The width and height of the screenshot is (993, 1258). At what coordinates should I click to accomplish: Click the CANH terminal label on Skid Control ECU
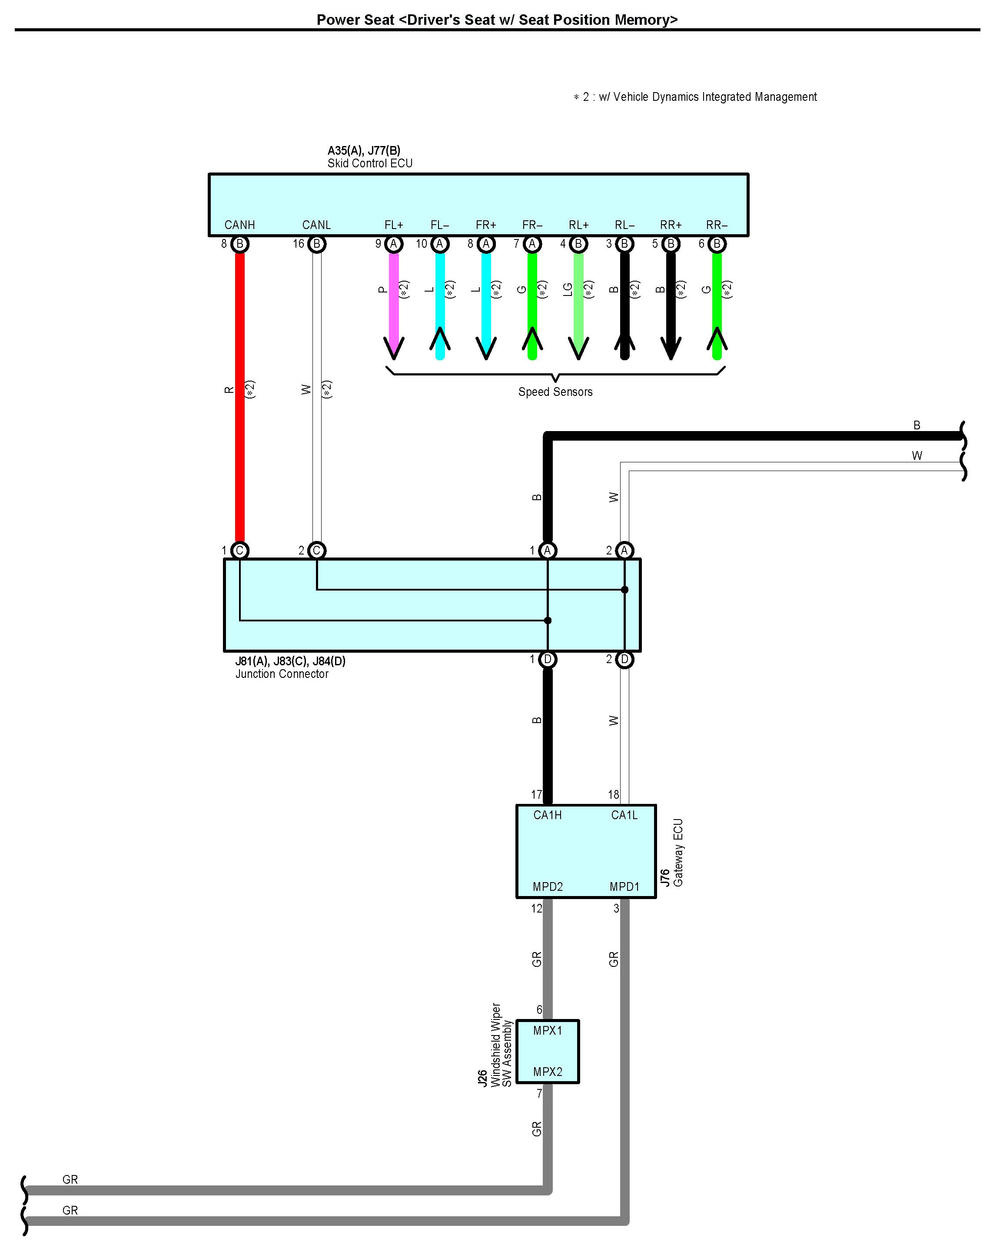[x=239, y=225]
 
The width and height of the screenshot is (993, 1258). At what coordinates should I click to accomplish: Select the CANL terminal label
[x=316, y=225]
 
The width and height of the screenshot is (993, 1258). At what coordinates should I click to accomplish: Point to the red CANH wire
[x=239, y=397]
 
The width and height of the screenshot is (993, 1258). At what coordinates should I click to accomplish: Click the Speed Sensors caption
[x=555, y=392]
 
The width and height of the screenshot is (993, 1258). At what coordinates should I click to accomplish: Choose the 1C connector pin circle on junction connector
[x=239, y=550]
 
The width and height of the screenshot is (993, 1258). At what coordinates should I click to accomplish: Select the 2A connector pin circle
[x=624, y=550]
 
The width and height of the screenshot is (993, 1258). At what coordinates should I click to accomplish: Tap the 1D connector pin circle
[x=548, y=659]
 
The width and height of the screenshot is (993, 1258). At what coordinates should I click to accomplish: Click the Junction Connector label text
[x=282, y=674]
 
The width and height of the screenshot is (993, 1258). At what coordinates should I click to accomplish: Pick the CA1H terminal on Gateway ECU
[x=548, y=815]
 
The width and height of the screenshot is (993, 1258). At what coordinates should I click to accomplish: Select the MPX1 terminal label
[x=548, y=1031]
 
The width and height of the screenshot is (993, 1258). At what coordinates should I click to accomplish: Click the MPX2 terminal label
[x=548, y=1072]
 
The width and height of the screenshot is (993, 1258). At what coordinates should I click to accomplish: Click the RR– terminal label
[x=717, y=225]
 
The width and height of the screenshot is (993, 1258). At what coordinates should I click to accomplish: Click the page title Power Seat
[x=497, y=20]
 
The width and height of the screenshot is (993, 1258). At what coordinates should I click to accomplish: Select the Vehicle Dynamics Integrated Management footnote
[x=695, y=97]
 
